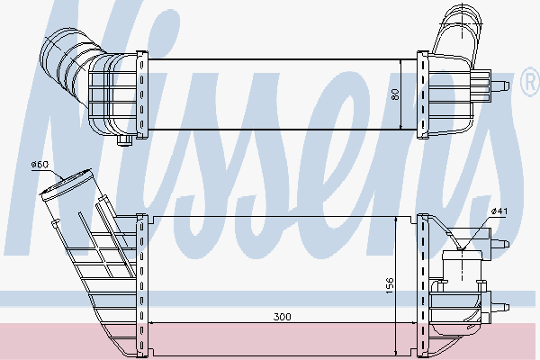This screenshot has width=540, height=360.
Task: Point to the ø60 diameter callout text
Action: click(39, 164)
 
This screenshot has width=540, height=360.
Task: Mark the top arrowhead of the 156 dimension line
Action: click(396, 221)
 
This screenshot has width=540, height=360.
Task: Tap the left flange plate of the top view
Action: click(139, 94)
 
